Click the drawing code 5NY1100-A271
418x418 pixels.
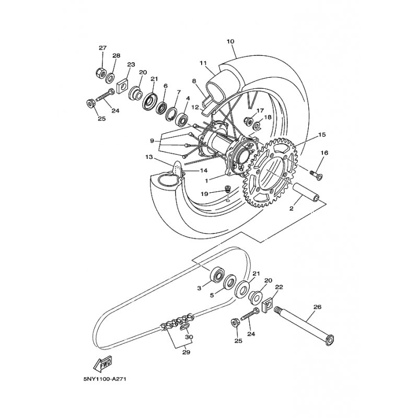[x=104, y=379]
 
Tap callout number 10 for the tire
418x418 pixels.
[x=230, y=41]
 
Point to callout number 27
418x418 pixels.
[x=102, y=48]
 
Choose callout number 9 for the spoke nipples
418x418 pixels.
[x=152, y=141]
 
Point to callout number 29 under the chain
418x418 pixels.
[x=187, y=352]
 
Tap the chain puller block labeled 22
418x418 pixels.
[x=268, y=306]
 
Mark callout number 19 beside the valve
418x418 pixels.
[x=204, y=194]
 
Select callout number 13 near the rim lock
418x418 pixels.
[x=149, y=157]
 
